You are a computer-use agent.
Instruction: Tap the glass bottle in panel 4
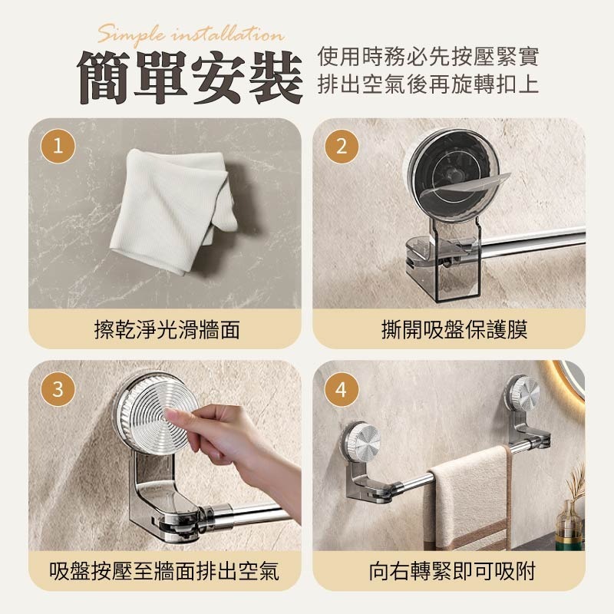click(x=569, y=522)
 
